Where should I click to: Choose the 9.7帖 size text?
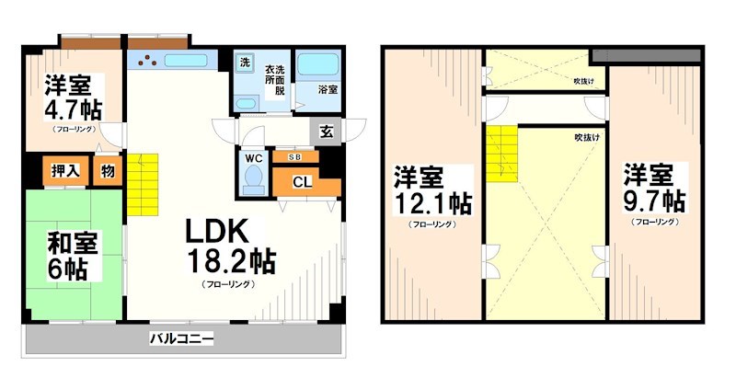click(x=654, y=200)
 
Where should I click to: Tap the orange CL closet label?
click(x=302, y=181)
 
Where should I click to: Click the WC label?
click(x=254, y=157)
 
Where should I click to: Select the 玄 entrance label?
click(x=327, y=131)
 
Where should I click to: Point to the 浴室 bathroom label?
click(x=328, y=90)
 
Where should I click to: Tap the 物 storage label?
click(x=108, y=170)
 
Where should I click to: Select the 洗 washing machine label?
click(x=245, y=63)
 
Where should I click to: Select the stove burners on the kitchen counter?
click(x=147, y=63)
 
